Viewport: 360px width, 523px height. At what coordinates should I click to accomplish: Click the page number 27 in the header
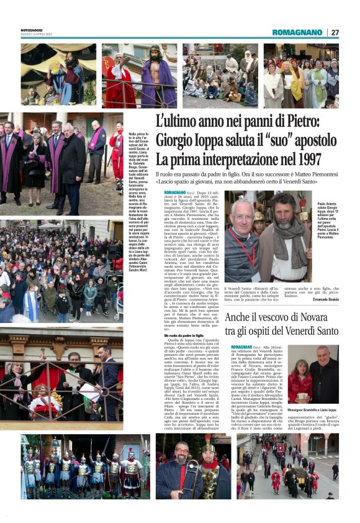pyautogui.click(x=335, y=32)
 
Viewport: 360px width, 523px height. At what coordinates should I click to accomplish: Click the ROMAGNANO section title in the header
pyautogui.click(x=297, y=32)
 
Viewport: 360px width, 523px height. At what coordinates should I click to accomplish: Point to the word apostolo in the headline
pyautogui.click(x=310, y=140)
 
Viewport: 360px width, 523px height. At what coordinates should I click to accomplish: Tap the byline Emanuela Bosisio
pyautogui.click(x=327, y=300)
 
